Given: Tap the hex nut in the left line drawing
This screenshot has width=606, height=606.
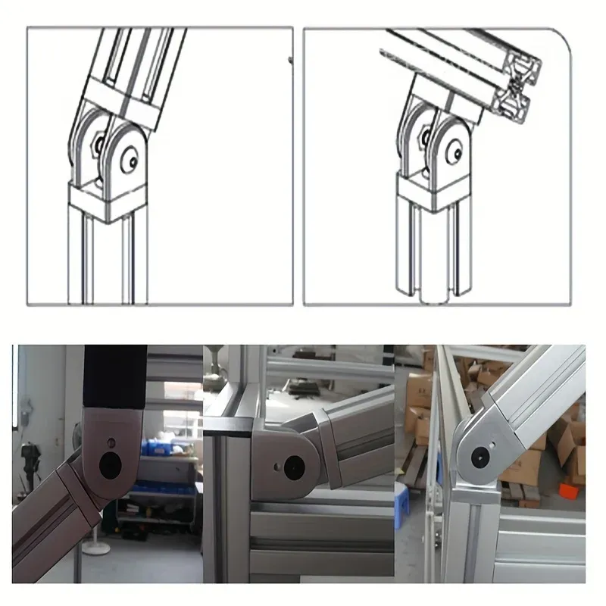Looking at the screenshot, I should coord(97,143).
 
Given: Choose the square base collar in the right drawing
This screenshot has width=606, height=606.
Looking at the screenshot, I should coord(433,190).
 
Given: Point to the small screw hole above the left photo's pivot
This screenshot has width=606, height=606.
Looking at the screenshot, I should coord(111,442).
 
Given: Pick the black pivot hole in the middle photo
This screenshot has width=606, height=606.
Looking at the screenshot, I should coord(291,467).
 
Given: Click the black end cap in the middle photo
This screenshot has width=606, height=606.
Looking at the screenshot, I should coord(232,430).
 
